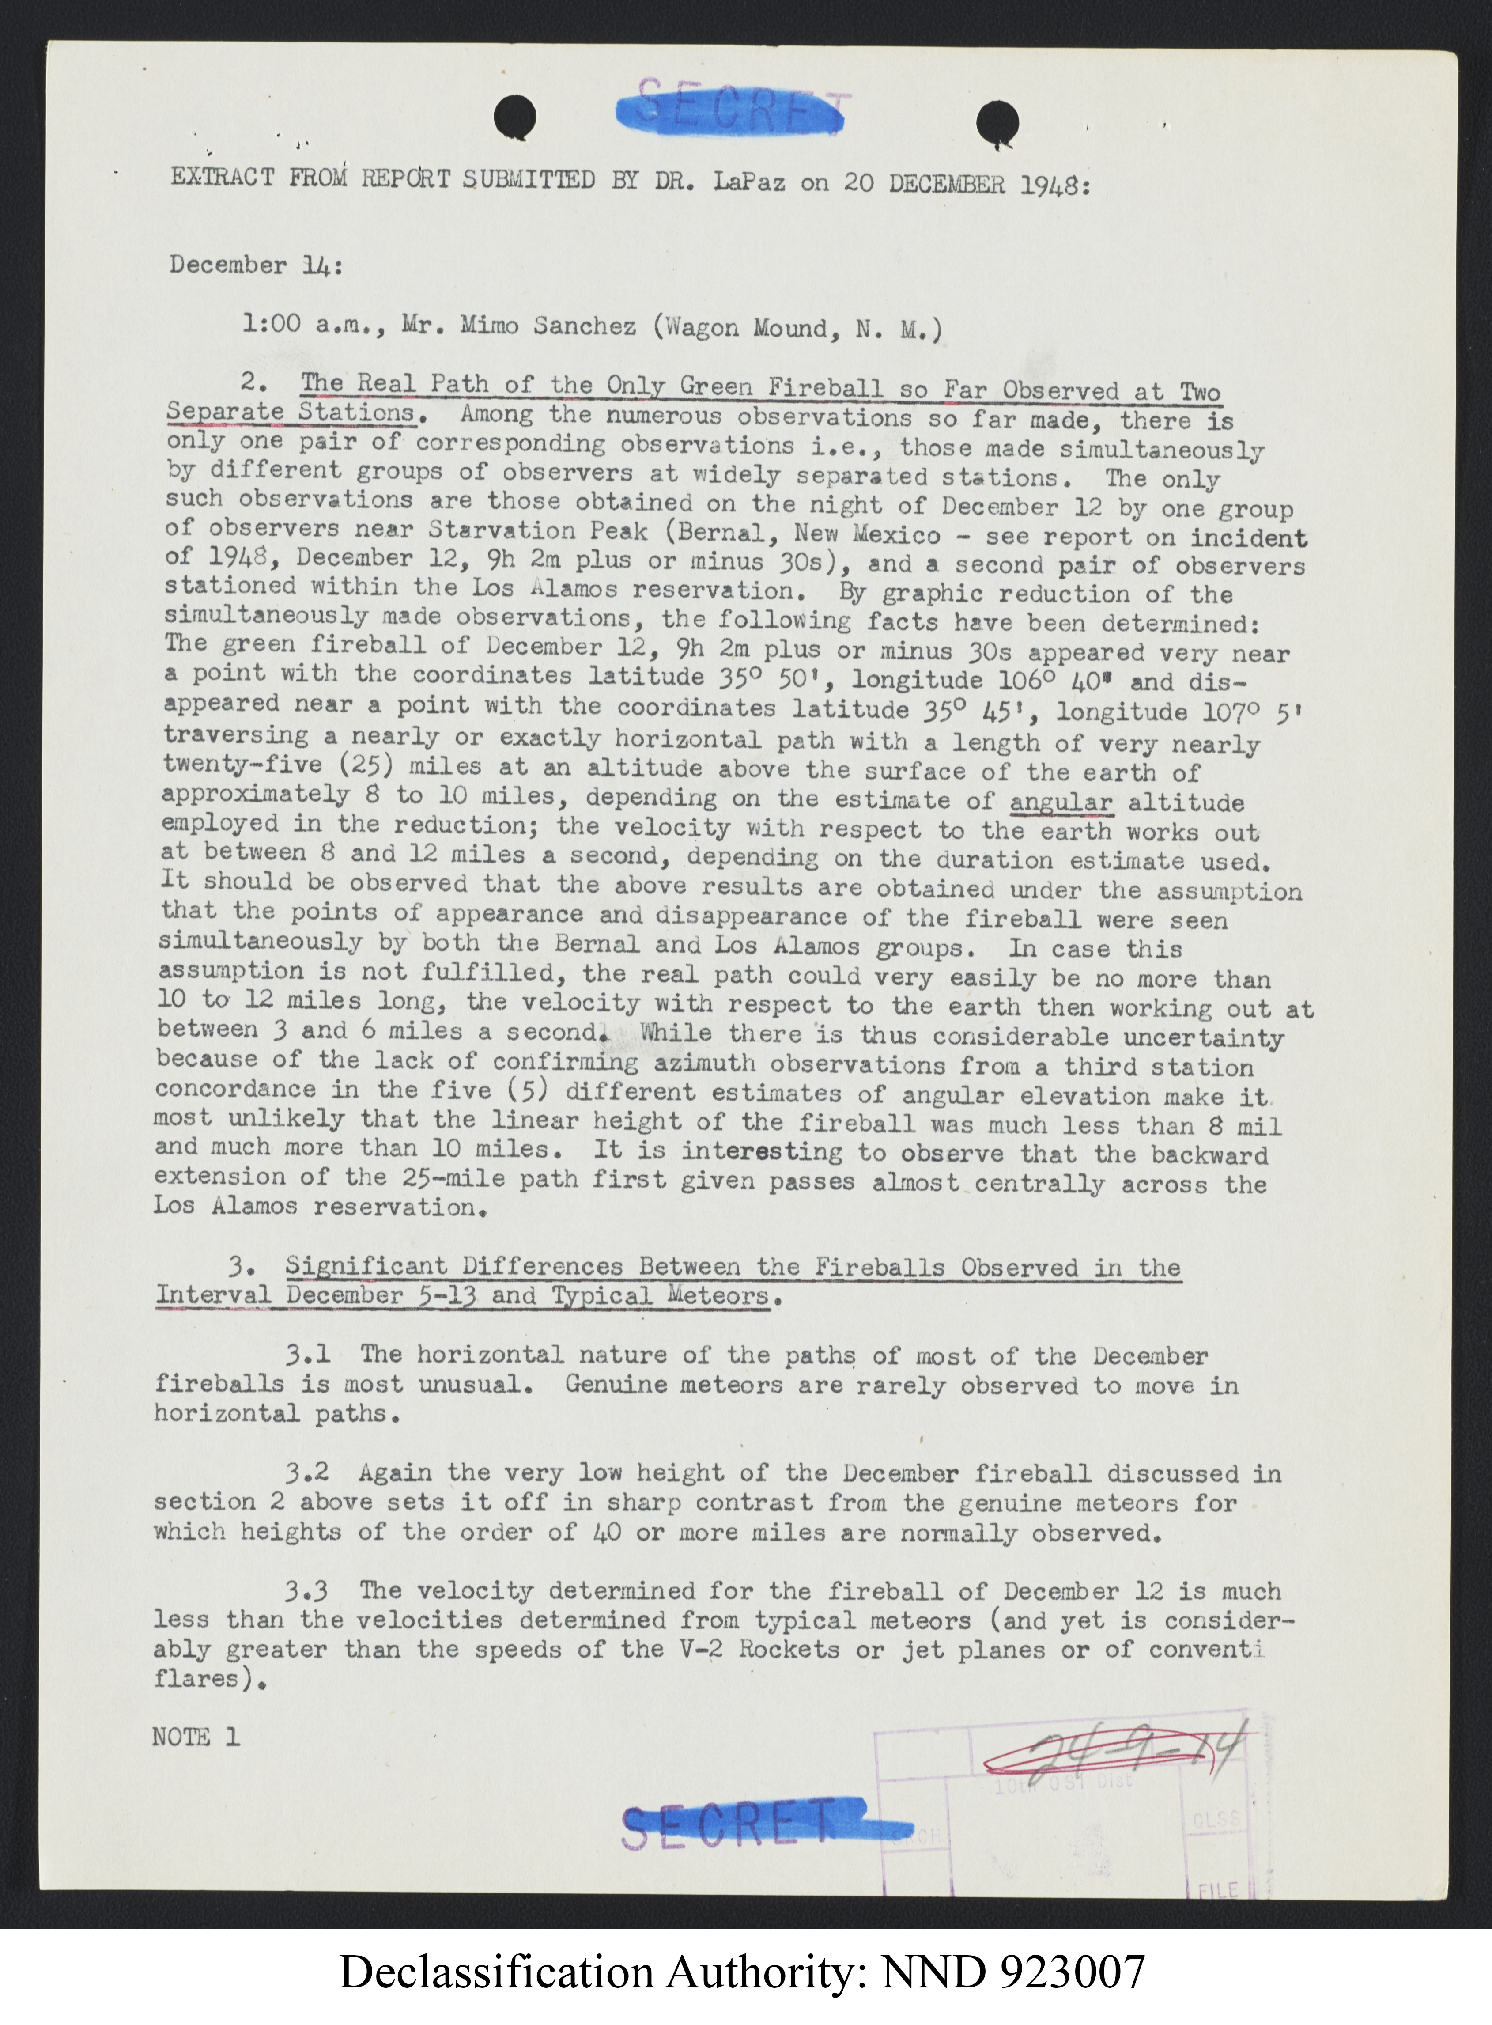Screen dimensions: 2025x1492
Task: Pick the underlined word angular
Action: tap(1061, 802)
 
